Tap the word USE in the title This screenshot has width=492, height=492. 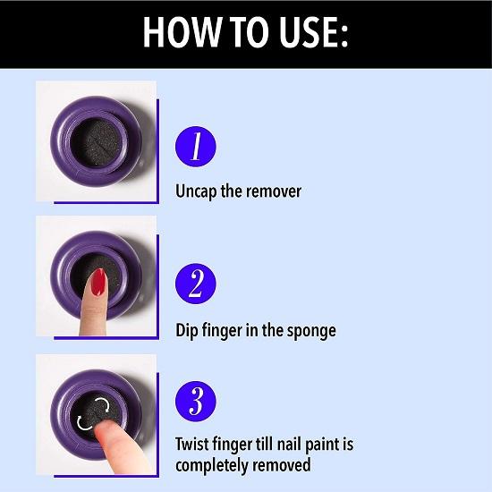[x=306, y=32]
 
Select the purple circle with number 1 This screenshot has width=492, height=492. [x=196, y=147]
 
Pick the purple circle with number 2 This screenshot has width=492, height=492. [x=196, y=284]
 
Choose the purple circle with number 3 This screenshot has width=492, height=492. [x=196, y=402]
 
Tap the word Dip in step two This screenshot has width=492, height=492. [x=186, y=331]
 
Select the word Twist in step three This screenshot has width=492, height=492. [x=191, y=445]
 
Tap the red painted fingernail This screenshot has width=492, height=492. [x=98, y=282]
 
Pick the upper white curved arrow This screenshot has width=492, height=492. [x=103, y=404]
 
